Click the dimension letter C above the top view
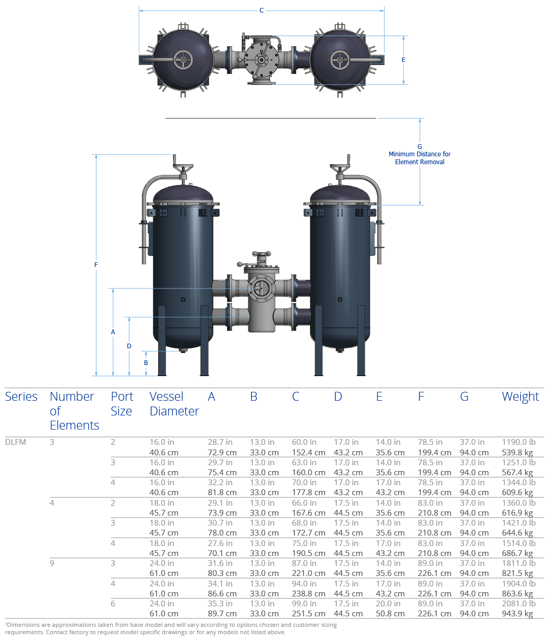[x=262, y=11]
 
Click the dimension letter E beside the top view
[x=403, y=60]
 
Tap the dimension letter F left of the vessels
[x=96, y=265]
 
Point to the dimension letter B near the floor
[x=146, y=362]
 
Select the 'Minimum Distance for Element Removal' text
[x=420, y=158]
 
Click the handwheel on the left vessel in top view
[x=183, y=60]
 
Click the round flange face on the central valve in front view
[x=261, y=288]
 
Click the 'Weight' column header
[x=520, y=397]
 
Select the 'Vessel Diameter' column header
[x=174, y=404]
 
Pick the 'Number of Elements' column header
[x=74, y=411]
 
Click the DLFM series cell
[x=15, y=442]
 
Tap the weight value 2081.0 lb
[x=519, y=604]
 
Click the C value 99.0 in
[x=304, y=604]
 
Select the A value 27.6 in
[x=220, y=543]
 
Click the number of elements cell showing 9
[x=52, y=563]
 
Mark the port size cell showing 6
[x=113, y=604]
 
